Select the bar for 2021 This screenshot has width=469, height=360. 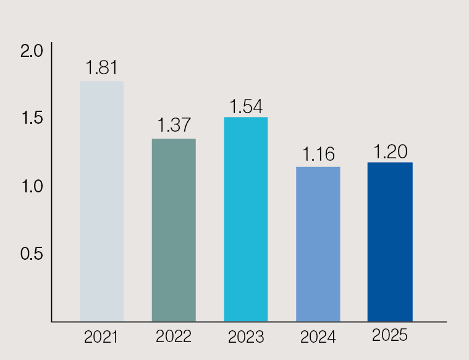coord(101,201)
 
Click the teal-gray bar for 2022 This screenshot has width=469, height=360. coord(174,229)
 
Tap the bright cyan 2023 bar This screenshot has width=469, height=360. coord(245,219)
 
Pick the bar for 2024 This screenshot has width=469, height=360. coord(318,244)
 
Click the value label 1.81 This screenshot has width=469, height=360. coord(101,67)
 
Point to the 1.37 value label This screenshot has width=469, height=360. coord(174,125)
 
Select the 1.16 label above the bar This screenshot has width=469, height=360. coord(318,154)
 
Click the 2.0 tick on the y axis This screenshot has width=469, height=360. coord(32,51)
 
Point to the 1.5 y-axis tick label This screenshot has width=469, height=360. coord(32,119)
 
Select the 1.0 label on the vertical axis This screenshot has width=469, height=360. coord(32,186)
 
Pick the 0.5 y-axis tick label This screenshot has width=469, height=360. coord(32,254)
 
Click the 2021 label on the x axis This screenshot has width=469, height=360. coord(101,337)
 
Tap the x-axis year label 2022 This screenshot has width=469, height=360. coord(174,337)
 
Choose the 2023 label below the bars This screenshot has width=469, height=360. coord(245,338)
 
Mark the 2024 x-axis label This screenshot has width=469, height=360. coord(318,338)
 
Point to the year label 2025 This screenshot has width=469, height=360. coord(390,335)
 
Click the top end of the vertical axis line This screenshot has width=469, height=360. coord(52,43)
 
